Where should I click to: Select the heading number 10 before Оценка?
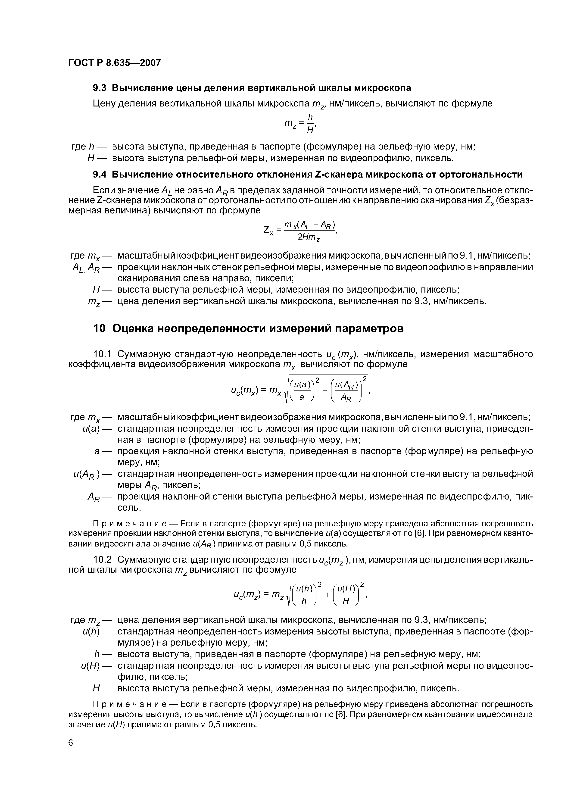pos(99,328)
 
